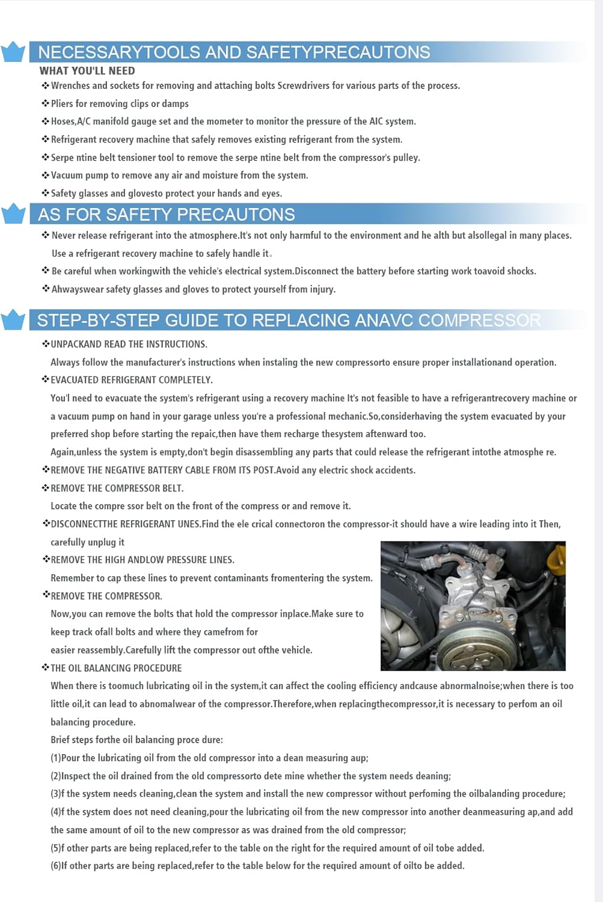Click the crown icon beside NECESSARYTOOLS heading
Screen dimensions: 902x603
[13, 52]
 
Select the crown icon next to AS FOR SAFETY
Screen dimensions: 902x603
[13, 214]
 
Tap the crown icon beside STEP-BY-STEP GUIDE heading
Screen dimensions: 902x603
[13, 320]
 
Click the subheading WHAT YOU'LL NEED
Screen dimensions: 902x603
[87, 70]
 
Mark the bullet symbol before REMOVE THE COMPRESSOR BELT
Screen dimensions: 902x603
[46, 488]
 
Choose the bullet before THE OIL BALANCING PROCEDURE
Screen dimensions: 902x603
[46, 667]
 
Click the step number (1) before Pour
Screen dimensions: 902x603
[55, 758]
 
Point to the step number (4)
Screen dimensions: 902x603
[55, 812]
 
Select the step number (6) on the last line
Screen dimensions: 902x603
[55, 866]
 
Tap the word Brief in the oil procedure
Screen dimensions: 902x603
[61, 740]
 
